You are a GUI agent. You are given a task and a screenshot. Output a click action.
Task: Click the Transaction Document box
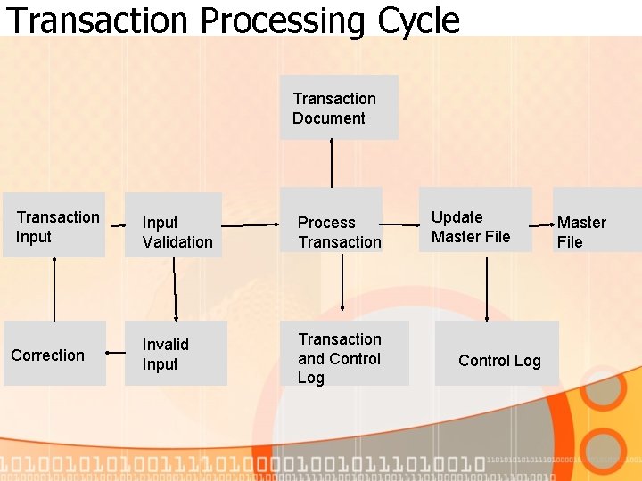pos(339,108)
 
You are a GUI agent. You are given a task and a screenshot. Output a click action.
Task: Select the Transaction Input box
pos(53,226)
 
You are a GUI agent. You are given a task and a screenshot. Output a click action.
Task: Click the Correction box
pos(54,354)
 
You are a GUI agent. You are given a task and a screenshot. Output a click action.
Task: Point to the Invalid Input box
pos(176,354)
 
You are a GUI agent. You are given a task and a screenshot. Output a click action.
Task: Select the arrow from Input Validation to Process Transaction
pos(251,225)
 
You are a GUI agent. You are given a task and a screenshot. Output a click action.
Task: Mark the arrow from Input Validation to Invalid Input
pos(175,289)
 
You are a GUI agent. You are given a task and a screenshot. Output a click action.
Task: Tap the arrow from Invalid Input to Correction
pos(116,354)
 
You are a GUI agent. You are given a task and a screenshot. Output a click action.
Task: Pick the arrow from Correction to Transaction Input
pos(54,289)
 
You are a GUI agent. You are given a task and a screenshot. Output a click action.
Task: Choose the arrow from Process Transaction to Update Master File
pos(401,224)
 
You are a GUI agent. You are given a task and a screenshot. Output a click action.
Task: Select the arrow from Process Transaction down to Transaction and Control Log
pos(342,286)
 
